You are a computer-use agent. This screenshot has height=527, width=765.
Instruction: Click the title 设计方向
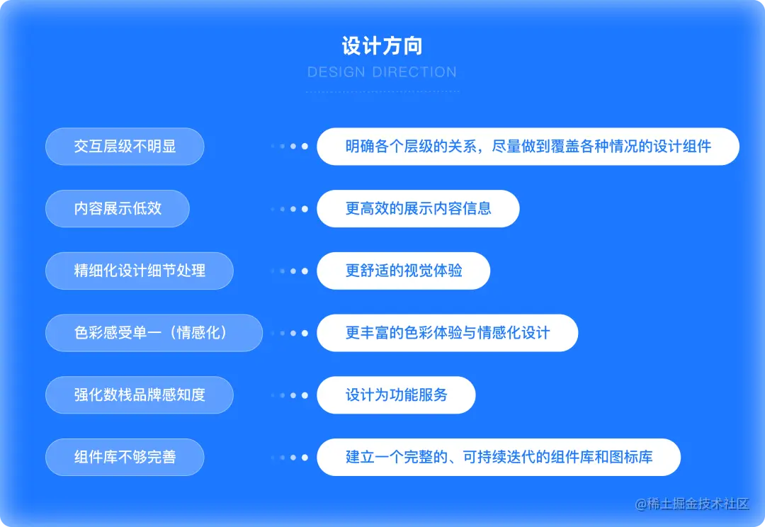pos(382,47)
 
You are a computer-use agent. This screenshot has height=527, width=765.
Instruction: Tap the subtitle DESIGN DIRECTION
pos(382,72)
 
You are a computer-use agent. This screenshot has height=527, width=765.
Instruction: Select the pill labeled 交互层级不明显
pos(125,147)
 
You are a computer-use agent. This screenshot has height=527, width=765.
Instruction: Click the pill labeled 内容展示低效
pos(118,208)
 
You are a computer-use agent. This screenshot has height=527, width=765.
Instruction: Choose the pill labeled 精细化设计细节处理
pos(140,271)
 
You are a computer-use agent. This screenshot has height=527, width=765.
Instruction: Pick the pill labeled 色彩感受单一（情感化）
pos(154,333)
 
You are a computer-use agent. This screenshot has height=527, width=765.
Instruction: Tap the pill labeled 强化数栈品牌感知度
pos(140,395)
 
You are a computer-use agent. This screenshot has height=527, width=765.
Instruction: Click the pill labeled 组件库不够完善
pos(125,457)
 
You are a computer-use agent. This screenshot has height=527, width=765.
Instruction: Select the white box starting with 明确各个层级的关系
pos(528,147)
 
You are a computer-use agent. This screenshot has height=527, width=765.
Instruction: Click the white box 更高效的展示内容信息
pos(418,208)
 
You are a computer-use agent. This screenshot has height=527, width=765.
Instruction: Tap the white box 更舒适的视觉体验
pos(403,271)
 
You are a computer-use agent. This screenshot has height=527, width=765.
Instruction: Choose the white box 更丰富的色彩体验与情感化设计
pos(447,333)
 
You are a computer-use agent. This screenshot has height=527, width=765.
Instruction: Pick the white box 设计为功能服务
pos(396,395)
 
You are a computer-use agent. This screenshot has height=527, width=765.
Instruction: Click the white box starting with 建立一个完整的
pos(499,457)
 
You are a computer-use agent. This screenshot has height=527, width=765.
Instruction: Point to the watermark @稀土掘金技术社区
pos(692,504)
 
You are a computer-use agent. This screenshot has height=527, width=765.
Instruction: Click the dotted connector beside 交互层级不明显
pos(290,147)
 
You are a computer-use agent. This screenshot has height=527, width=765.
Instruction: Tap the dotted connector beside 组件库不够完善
pos(290,458)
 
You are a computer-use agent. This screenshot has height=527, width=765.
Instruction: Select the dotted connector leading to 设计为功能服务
pos(290,395)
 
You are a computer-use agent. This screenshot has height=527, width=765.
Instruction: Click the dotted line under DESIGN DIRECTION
pos(382,91)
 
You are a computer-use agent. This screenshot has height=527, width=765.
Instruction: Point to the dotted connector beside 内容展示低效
pos(290,209)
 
